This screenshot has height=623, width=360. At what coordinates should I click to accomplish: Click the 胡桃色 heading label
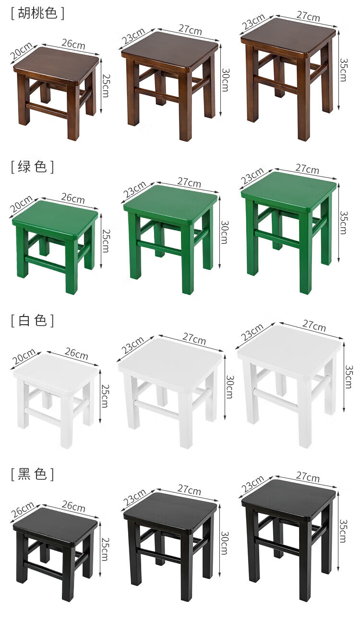37,13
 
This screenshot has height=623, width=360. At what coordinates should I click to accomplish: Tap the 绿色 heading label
32,166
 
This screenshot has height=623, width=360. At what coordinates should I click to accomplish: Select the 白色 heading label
32,320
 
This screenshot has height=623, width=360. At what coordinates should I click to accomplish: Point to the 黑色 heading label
32,474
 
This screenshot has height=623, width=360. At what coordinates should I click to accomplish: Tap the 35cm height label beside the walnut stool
344,70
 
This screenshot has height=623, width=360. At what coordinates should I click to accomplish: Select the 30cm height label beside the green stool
225,232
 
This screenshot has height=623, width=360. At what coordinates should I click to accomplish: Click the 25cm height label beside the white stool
105,396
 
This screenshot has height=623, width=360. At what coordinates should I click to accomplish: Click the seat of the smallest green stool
55,218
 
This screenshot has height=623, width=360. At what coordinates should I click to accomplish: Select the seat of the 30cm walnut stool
169,49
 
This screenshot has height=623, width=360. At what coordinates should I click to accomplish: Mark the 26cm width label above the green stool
73,198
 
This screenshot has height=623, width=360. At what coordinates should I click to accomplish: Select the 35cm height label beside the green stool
344,222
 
